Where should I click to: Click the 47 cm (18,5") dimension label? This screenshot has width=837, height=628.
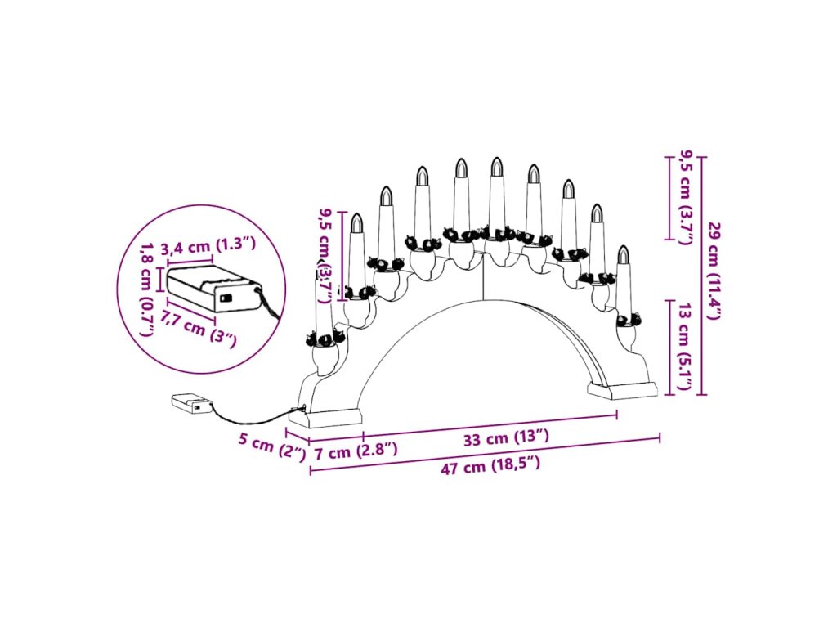click(x=491, y=468)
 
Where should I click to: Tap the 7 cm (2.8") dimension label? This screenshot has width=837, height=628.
click(x=356, y=451)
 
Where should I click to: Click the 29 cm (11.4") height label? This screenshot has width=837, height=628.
click(x=714, y=271)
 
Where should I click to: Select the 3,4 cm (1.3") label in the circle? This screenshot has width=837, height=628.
click(x=208, y=246)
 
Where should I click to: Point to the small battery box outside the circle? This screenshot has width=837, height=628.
click(x=191, y=404)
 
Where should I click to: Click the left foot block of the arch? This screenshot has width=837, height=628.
click(x=335, y=419)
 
